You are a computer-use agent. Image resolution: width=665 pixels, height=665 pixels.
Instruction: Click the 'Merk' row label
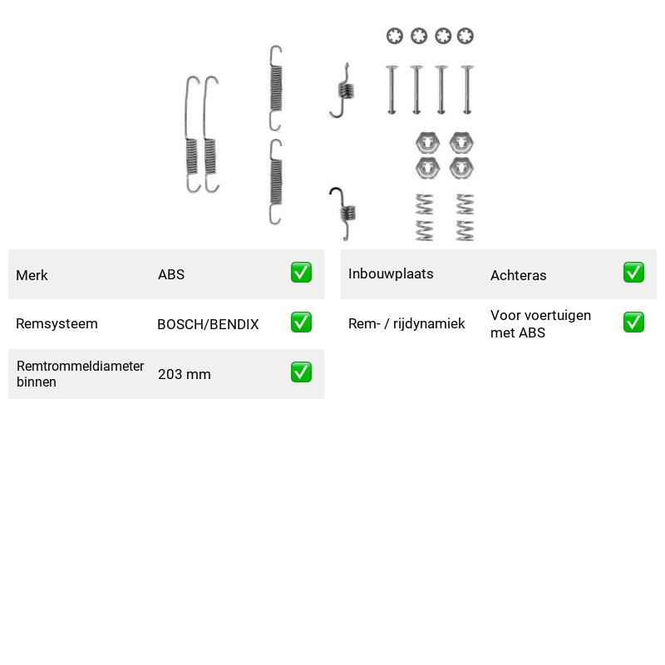pos(32,275)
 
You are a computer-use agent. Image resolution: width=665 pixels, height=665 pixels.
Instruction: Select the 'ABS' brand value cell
pos(171,274)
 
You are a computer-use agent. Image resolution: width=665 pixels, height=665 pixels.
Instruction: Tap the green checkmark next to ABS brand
pos(301,273)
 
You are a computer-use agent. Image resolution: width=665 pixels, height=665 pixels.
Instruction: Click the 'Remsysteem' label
pos(57,323)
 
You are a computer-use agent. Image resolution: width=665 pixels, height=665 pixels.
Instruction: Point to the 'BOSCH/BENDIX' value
pos(208,324)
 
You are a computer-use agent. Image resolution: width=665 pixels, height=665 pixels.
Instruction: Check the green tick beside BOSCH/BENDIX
pos(301,323)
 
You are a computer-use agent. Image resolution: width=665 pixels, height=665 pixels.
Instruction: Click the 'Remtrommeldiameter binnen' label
pos(80,373)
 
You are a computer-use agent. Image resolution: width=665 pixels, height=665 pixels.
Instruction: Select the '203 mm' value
pos(184,374)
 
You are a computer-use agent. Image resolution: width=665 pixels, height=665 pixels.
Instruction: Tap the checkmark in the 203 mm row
pos(301,372)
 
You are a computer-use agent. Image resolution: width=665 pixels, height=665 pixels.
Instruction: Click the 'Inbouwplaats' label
pos(391,274)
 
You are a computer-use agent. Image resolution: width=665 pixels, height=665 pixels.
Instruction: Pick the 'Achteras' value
pos(518,275)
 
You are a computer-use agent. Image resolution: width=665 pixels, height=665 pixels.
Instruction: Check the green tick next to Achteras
pos(633,273)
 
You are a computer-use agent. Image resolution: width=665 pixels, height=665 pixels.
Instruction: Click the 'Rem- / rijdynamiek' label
pos(406,323)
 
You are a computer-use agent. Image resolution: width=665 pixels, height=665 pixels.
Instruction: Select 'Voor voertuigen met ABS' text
pos(540,323)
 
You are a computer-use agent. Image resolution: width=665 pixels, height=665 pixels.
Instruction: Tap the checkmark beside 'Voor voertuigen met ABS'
pos(633,323)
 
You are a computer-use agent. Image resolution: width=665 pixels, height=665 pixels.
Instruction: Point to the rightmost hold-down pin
pos(467,90)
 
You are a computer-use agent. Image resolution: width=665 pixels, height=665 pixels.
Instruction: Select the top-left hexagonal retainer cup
pos(427,143)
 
